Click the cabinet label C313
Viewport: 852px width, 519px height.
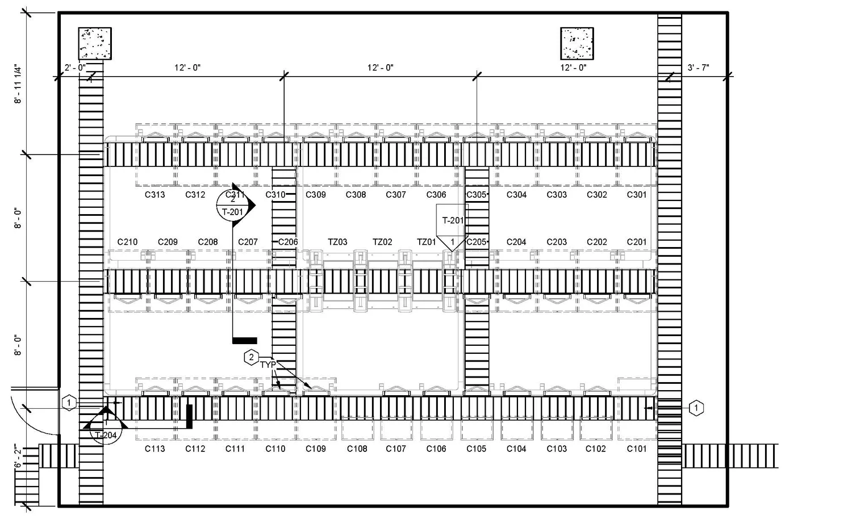pyautogui.click(x=154, y=195)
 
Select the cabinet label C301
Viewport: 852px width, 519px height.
pyautogui.click(x=637, y=195)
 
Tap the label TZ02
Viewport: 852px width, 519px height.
pyautogui.click(x=382, y=242)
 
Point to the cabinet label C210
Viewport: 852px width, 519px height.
pyautogui.click(x=127, y=242)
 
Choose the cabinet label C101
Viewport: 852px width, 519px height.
pyautogui.click(x=637, y=449)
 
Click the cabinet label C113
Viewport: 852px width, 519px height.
pyautogui.click(x=154, y=449)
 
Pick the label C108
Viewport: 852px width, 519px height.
pyautogui.click(x=357, y=449)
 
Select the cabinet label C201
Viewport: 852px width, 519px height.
pyautogui.click(x=637, y=242)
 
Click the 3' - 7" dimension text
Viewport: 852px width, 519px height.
pyautogui.click(x=699, y=68)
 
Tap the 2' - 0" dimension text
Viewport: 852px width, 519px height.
pyautogui.click(x=75, y=68)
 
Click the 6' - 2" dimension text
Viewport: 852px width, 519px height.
pyautogui.click(x=19, y=457)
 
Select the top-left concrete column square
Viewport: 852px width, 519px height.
pyautogui.click(x=95, y=43)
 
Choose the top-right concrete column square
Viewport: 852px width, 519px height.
pyautogui.click(x=577, y=43)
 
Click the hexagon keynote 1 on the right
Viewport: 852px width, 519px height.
pyautogui.click(x=696, y=408)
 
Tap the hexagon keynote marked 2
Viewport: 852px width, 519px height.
pyautogui.click(x=251, y=358)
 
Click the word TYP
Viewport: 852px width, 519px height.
pyautogui.click(x=268, y=365)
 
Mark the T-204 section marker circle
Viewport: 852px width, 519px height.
pyautogui.click(x=106, y=432)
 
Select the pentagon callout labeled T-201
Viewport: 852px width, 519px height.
pyautogui.click(x=453, y=223)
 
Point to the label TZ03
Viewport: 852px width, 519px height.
pyautogui.click(x=337, y=242)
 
